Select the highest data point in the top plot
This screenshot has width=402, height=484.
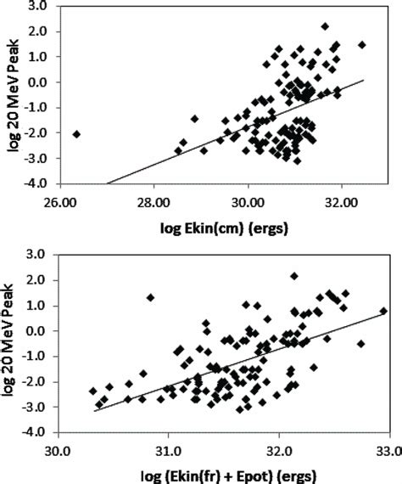pos(325,26)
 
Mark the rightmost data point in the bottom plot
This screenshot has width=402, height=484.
pos(383,312)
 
